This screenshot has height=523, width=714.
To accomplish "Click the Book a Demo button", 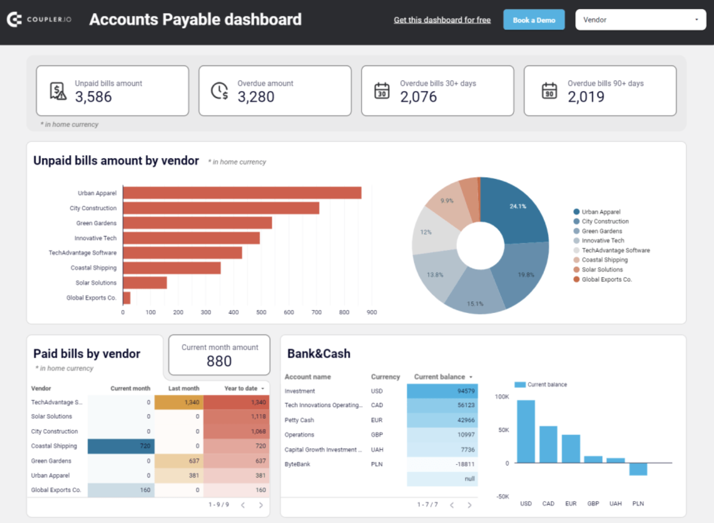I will tap(533, 20).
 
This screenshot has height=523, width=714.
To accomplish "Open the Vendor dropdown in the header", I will tap(640, 20).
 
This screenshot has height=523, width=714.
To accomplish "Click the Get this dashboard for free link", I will tap(442, 20).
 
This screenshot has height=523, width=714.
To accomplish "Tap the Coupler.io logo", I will tap(39, 19).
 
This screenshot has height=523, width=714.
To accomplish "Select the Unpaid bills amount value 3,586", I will tap(93, 96).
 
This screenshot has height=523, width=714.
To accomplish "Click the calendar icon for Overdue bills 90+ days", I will tap(549, 91).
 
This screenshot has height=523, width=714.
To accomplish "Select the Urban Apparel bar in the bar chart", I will tap(242, 193).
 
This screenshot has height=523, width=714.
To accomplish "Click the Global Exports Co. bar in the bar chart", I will tap(126, 298).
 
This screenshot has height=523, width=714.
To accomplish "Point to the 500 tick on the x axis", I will tap(261, 312).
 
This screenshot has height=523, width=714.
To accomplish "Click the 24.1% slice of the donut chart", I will tap(517, 210).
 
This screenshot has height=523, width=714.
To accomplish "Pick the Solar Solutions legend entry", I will tap(602, 269).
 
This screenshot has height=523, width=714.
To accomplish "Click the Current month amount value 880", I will tap(219, 361).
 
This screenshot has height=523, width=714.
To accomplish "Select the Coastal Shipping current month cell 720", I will tap(121, 446).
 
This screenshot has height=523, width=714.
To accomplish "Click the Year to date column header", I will tap(241, 388).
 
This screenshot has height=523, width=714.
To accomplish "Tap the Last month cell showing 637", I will tap(179, 461).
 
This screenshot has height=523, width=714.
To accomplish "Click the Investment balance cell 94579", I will tap(442, 391).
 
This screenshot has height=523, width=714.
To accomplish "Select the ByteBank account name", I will tap(297, 464).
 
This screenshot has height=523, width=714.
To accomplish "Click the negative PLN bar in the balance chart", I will tap(638, 469).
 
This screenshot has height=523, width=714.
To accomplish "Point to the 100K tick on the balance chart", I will tap(501, 397).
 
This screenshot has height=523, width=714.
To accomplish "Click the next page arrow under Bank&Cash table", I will tap(469, 505).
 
